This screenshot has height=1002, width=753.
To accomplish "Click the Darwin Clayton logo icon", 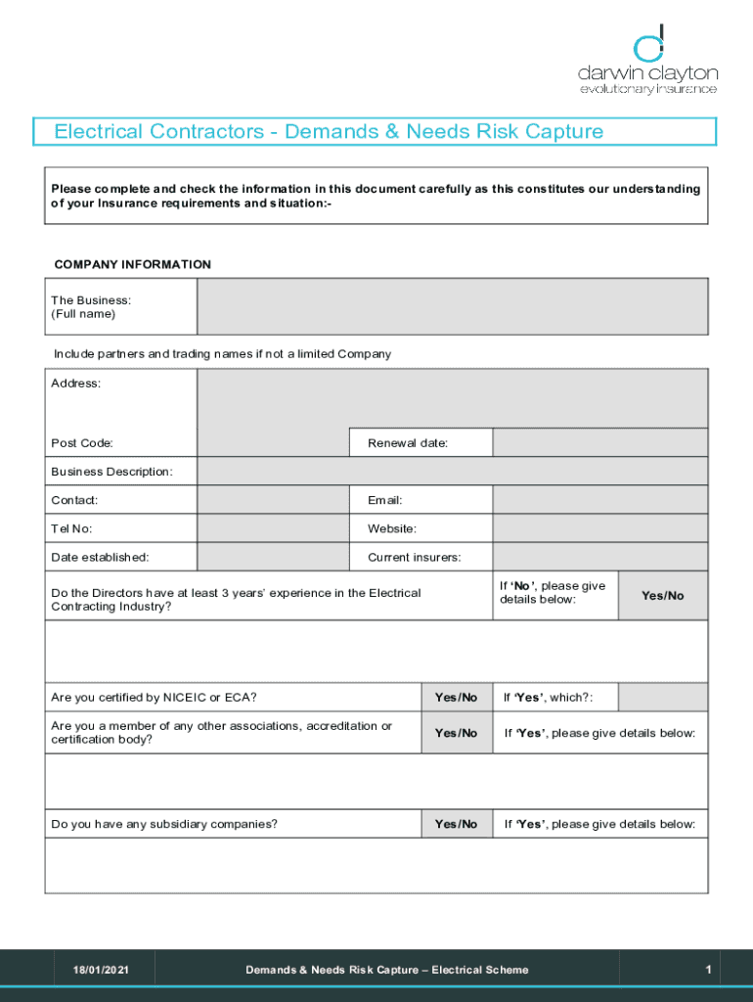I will (x=649, y=44).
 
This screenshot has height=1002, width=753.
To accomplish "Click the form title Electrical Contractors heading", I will (x=329, y=131).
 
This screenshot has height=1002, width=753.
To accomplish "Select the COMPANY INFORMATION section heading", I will (x=132, y=264).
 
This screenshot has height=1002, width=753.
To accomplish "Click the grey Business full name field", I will (x=452, y=306).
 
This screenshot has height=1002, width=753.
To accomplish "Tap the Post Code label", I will (x=82, y=443).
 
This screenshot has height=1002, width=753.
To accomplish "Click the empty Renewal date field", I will (x=599, y=443).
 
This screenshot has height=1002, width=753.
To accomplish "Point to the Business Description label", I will (x=111, y=472).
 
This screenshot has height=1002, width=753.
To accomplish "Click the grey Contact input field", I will (x=273, y=500).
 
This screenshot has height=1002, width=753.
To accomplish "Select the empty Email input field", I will (x=599, y=500).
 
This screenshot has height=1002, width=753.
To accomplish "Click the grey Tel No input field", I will (x=273, y=528).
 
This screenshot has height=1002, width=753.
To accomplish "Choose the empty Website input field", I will (x=599, y=528).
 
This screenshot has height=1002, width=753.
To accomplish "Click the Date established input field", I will (x=273, y=557).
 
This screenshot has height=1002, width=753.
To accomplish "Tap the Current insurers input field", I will (x=599, y=557).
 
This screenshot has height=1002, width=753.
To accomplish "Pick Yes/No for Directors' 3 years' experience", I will (x=662, y=596).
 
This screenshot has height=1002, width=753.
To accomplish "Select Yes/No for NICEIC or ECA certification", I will (x=456, y=697).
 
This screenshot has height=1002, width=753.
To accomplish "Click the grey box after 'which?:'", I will (x=662, y=697).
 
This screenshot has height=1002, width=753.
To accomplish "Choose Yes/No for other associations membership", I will (x=456, y=733).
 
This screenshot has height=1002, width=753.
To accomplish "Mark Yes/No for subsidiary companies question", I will (x=456, y=824).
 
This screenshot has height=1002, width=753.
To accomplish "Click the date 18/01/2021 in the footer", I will (x=100, y=970).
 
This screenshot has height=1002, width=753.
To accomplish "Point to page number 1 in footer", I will (x=707, y=970).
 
